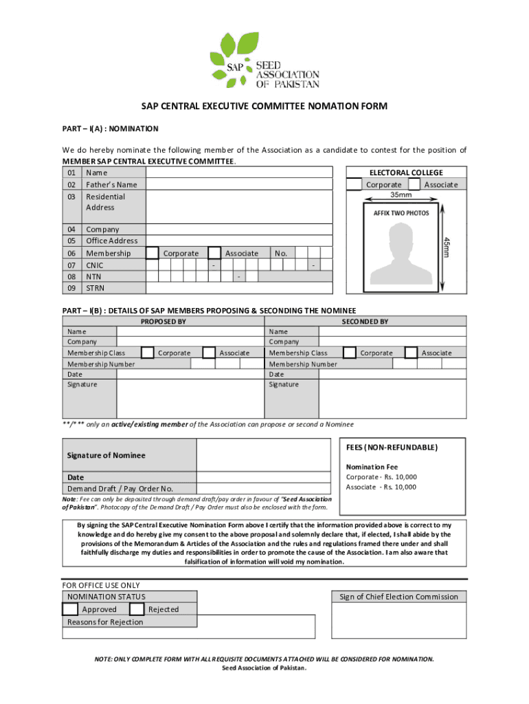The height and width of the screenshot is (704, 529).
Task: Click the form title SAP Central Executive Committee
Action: tap(264, 107)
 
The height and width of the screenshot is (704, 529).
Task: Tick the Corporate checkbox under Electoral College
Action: tap(354, 184)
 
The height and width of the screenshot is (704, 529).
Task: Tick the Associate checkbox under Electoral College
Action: tap(414, 184)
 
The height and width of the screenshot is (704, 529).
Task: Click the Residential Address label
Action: tap(105, 201)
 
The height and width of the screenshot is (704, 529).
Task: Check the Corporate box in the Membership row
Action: tap(153, 253)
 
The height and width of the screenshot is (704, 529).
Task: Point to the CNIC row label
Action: tap(95, 265)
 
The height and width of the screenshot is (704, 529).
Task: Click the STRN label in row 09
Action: tap(95, 287)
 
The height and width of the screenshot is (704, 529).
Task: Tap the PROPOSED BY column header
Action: tap(163, 321)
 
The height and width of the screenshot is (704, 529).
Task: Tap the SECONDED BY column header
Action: tap(365, 321)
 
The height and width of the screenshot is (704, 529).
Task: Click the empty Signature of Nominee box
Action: tap(264, 455)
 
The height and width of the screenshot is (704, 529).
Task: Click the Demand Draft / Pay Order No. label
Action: tap(120, 488)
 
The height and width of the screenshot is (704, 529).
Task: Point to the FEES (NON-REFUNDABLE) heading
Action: tap(392, 448)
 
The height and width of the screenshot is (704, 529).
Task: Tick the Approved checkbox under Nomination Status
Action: tap(70, 609)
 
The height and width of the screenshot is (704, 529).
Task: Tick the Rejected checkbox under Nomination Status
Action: tap(137, 609)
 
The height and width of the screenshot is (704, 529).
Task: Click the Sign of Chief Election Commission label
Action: tap(398, 597)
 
